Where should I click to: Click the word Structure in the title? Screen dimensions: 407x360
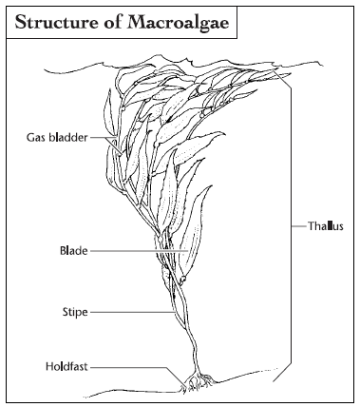click(x=58, y=21)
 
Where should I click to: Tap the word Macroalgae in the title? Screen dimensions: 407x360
click(x=180, y=21)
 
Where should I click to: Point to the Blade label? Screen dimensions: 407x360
click(x=73, y=251)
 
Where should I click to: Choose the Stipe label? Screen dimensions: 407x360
click(x=75, y=310)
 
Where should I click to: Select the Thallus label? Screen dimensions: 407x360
click(x=326, y=226)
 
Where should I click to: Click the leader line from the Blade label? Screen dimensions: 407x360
click(x=133, y=251)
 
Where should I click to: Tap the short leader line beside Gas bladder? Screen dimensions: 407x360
click(x=102, y=138)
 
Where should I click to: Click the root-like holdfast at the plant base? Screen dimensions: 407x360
click(x=198, y=382)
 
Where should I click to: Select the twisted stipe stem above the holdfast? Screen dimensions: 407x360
click(x=182, y=333)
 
